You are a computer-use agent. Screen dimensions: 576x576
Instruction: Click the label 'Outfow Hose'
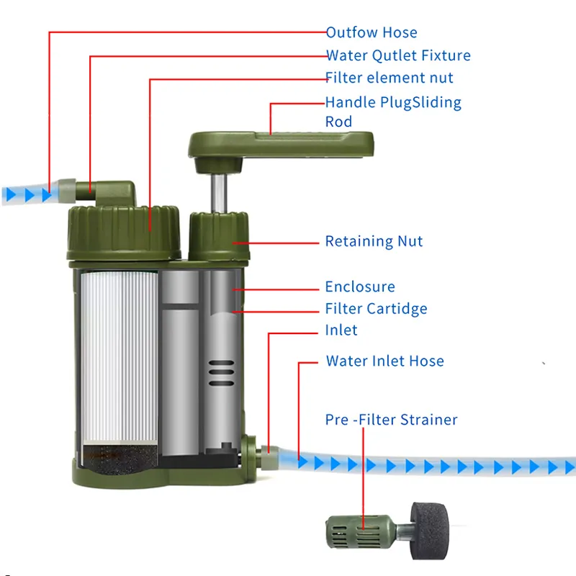pyautogui.click(x=372, y=32)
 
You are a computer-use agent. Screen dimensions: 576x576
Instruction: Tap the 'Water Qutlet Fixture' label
pyautogui.click(x=399, y=55)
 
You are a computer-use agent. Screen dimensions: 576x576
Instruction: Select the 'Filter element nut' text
pyautogui.click(x=389, y=78)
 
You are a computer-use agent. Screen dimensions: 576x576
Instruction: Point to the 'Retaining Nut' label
pyautogui.click(x=374, y=241)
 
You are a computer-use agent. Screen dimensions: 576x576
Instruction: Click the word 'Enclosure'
pyautogui.click(x=360, y=287)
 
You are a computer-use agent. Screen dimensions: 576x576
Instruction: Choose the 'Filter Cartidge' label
pyautogui.click(x=376, y=309)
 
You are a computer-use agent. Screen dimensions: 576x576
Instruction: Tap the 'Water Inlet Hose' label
pyautogui.click(x=385, y=361)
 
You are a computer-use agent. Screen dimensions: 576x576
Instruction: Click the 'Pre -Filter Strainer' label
pyautogui.click(x=391, y=420)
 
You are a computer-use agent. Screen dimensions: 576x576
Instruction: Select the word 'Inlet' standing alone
pyautogui.click(x=341, y=330)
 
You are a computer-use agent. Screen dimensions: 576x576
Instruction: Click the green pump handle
pyautogui.click(x=281, y=145)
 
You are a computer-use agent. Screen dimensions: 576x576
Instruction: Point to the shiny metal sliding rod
pyautogui.click(x=219, y=193)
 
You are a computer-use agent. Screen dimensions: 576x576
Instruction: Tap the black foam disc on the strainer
pyautogui.click(x=429, y=531)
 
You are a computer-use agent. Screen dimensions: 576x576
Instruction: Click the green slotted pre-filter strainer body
pyautogui.click(x=361, y=531)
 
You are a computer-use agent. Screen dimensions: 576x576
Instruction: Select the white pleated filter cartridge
pyautogui.click(x=119, y=356)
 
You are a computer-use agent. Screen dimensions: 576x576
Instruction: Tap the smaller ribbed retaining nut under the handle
pyautogui.click(x=219, y=237)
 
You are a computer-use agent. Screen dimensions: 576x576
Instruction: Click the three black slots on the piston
pyautogui.click(x=221, y=373)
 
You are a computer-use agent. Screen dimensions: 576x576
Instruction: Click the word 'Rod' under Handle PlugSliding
pyautogui.click(x=338, y=122)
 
